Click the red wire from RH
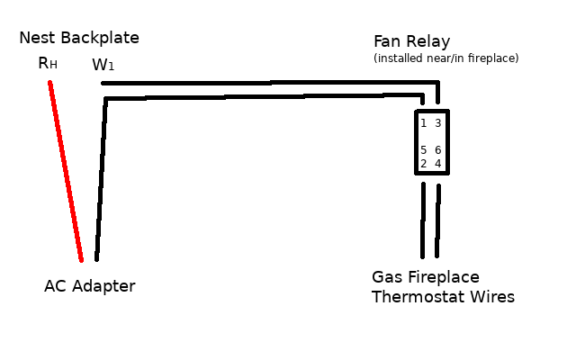click(x=66, y=171)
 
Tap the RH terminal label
click(x=48, y=63)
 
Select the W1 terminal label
click(x=103, y=66)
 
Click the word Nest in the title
click(x=36, y=38)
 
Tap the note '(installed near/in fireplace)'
click(x=445, y=58)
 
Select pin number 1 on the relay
click(x=423, y=123)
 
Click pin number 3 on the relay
click(x=438, y=123)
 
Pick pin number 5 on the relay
click(x=423, y=150)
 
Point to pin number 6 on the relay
click(x=438, y=150)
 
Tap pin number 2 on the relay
click(x=423, y=164)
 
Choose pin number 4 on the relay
click(x=438, y=164)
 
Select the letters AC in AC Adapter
click(x=54, y=286)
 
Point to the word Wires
click(x=491, y=297)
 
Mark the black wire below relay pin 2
click(x=422, y=220)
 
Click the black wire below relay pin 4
click(x=438, y=220)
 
